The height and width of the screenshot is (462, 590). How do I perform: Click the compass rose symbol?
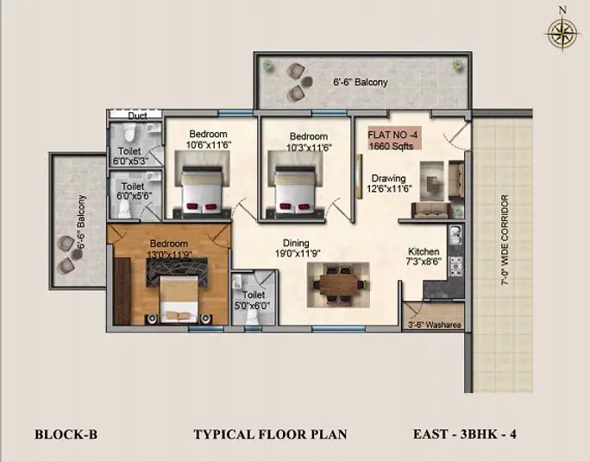pos(562,34)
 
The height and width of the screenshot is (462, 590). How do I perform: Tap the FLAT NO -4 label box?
pos(394,138)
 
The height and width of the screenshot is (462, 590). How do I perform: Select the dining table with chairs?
pos(338,284)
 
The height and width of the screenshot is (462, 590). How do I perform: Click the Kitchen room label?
pos(424,251)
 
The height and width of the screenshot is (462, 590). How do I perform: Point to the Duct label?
pos(137,116)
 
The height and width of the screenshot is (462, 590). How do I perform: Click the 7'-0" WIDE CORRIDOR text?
pos(505,240)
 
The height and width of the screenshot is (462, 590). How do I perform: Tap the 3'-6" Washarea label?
pos(435,325)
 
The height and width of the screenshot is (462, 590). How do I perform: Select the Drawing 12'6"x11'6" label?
pos(389,183)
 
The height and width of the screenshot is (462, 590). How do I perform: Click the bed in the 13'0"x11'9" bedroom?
pos(179,299)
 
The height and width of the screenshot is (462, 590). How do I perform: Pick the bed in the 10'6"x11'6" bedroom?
pos(202,192)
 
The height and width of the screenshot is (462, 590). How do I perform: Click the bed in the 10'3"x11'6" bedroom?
pos(295,192)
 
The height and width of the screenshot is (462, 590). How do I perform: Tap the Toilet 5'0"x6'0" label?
pos(254,300)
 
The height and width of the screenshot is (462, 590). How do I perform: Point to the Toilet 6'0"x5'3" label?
pos(130,156)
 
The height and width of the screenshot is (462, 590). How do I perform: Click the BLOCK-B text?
pos(66,434)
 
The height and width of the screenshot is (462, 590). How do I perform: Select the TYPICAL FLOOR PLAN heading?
pos(271,434)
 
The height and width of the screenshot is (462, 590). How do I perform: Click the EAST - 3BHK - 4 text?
pos(465,434)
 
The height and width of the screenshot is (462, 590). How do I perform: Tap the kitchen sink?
pos(455,235)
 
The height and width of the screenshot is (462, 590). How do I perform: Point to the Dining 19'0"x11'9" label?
pos(298,248)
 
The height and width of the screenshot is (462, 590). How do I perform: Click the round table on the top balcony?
pos(307,80)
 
